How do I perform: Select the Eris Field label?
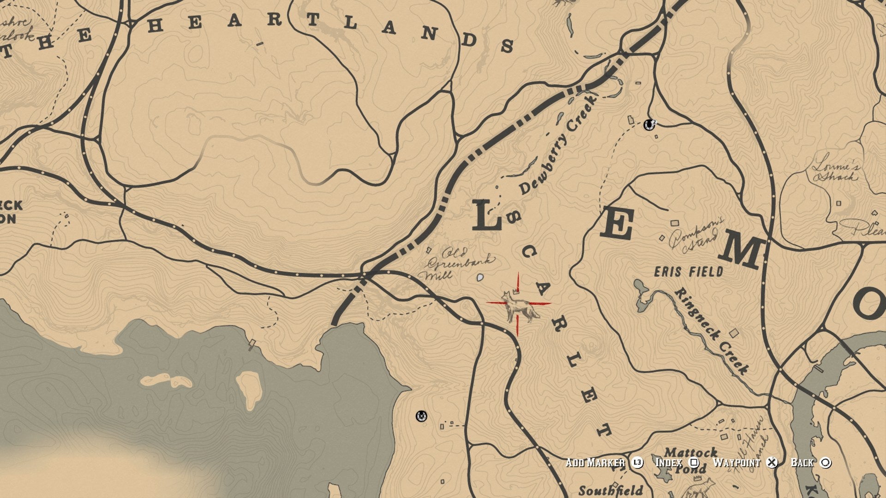coord(688,272)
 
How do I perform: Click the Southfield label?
coord(611,490)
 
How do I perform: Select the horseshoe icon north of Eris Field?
coord(649,125)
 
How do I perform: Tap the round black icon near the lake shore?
coord(421,416)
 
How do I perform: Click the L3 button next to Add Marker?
coord(637,462)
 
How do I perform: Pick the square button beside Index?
coord(694,462)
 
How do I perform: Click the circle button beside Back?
coord(826,462)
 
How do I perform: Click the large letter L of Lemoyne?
coord(486,216)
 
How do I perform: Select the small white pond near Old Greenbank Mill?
coord(480,278)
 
